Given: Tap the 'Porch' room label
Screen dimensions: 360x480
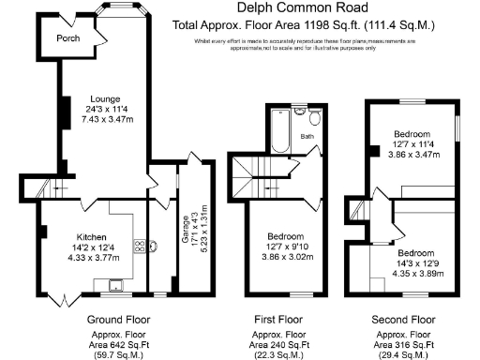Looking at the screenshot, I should click(67, 39).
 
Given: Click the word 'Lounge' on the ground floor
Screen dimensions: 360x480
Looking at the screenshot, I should click(105, 97).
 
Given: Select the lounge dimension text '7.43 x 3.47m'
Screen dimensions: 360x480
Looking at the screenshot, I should click(105, 120).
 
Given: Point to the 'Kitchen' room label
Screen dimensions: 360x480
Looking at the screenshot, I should click(92, 236).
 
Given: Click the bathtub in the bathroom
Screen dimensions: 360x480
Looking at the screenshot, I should click(278, 132).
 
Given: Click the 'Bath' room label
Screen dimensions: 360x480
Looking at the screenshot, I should click(307, 137).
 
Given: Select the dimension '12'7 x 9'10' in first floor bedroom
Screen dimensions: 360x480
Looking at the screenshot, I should click(283, 247).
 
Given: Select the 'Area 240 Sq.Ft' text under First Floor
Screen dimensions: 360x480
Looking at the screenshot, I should click(282, 345).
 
